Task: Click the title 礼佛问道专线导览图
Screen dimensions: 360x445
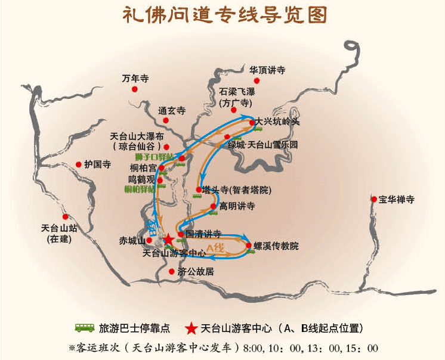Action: pos(225,15)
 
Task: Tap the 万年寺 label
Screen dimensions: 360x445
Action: pos(135,78)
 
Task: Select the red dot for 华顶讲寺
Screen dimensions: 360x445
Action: pos(257,80)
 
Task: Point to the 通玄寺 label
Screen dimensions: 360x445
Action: pos(172,111)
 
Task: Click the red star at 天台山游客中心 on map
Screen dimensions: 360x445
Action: pos(169,240)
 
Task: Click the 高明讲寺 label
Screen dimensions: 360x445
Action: pos(237,206)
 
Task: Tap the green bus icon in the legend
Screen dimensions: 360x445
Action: pos(85,328)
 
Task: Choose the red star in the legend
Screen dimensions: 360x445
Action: pos(191,328)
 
